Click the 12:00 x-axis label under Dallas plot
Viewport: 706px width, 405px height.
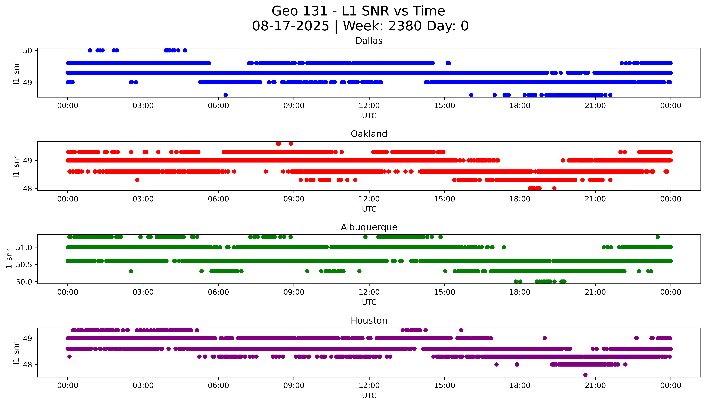(369, 106)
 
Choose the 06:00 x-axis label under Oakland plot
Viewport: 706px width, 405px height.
(218, 199)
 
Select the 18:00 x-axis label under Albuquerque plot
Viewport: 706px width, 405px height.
(520, 292)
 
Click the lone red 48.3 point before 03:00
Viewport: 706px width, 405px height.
(137, 180)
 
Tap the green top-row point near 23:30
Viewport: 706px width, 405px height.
(658, 237)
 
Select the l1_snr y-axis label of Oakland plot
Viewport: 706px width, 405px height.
(16, 166)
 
